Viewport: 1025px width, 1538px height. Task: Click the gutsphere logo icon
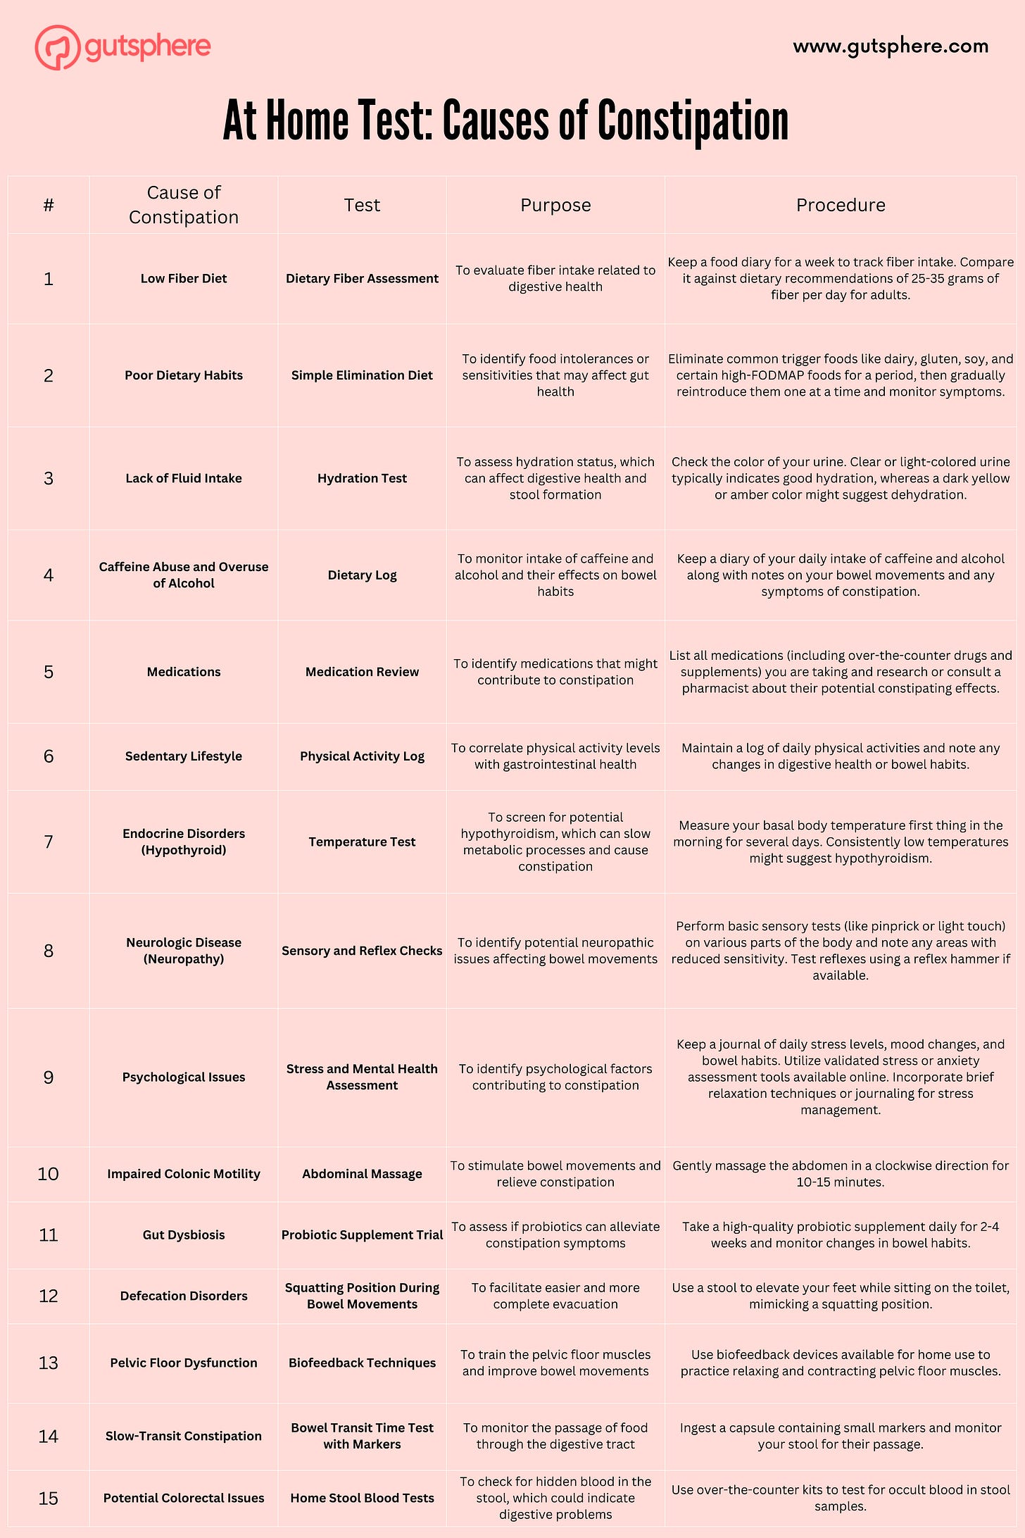[57, 47]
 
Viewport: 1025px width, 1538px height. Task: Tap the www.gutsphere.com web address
[891, 46]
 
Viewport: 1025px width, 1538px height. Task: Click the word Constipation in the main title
[693, 121]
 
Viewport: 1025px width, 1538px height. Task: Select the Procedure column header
[841, 205]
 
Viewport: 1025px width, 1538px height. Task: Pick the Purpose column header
[555, 205]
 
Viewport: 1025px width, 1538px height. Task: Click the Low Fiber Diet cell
[184, 278]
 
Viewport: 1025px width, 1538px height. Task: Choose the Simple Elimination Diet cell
[362, 375]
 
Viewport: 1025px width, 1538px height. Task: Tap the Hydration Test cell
[362, 478]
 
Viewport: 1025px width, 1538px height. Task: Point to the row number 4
[49, 575]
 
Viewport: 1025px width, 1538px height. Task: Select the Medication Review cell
[362, 672]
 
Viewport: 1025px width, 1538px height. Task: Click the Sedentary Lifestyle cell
[184, 756]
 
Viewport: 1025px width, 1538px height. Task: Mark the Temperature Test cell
[362, 842]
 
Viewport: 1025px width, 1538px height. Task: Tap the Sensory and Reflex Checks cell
[362, 951]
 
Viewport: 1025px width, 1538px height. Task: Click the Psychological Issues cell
[184, 1077]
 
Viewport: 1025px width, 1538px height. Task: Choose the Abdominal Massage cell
[362, 1173]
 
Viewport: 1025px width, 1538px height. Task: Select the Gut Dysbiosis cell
[184, 1234]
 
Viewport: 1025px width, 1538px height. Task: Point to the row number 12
[49, 1296]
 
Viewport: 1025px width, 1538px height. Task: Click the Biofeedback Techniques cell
[362, 1363]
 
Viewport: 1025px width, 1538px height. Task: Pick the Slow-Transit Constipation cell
[184, 1436]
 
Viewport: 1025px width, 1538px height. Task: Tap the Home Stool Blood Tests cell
[362, 1498]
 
